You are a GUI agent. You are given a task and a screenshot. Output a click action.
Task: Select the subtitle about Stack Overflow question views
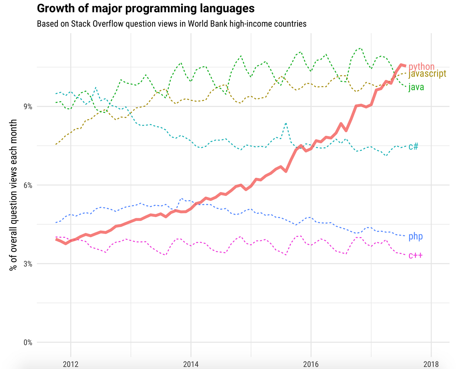171,24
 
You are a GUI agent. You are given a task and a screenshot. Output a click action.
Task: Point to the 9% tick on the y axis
27,107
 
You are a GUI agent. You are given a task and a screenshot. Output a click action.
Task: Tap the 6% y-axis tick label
27,185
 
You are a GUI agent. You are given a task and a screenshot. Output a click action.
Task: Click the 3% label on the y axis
27,264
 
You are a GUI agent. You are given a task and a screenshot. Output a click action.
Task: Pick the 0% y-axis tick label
27,342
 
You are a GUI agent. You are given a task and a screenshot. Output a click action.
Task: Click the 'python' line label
421,67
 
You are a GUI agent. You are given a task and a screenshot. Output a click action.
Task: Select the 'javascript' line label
427,74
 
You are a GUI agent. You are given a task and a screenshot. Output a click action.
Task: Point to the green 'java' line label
416,88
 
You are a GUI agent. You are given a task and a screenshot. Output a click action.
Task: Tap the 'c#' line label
413,146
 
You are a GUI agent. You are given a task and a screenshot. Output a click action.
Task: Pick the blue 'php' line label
415,237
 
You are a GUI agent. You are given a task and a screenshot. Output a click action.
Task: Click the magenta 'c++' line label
415,255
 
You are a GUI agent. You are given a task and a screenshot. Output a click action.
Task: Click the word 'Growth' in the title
54,8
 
